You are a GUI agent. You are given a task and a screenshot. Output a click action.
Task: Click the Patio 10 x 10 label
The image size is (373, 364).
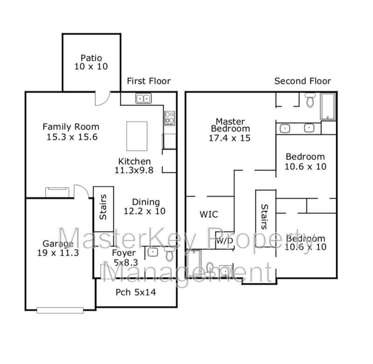click(91, 62)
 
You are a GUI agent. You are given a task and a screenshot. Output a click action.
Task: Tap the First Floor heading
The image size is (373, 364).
click(149, 81)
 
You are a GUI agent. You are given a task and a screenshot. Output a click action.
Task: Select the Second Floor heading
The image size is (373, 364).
click(303, 81)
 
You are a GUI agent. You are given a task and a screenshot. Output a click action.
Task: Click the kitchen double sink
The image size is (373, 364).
click(144, 98)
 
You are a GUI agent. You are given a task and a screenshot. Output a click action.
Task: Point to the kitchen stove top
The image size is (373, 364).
click(170, 119)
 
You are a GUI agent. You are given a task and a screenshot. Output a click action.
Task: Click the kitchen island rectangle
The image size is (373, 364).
click(137, 136)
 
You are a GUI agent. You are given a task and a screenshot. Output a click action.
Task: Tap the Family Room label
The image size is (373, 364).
click(71, 132)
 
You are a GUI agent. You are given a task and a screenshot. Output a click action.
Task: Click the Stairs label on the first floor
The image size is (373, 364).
click(103, 207)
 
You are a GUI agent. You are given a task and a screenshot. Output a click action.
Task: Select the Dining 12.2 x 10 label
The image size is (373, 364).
click(145, 206)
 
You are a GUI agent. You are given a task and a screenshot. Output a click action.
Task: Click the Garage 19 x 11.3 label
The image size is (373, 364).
click(58, 248)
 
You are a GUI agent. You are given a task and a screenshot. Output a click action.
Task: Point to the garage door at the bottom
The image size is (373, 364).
click(60, 310)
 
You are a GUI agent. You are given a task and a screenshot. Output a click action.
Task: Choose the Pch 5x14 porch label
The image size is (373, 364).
click(136, 292)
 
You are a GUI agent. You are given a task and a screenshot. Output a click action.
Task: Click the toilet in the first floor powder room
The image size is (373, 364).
click(169, 254)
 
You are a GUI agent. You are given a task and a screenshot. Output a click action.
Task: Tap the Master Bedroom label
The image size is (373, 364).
click(230, 130)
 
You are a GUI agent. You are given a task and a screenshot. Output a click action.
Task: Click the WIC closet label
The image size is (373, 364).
click(209, 214)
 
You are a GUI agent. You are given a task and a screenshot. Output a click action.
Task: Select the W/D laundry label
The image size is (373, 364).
click(225, 241)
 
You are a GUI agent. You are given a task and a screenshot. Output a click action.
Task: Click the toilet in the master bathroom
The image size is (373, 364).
click(310, 100)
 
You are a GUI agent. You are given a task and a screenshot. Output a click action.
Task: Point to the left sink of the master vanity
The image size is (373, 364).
click(285, 129)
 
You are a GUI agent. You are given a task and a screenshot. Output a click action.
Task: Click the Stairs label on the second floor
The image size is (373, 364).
click(264, 217)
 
